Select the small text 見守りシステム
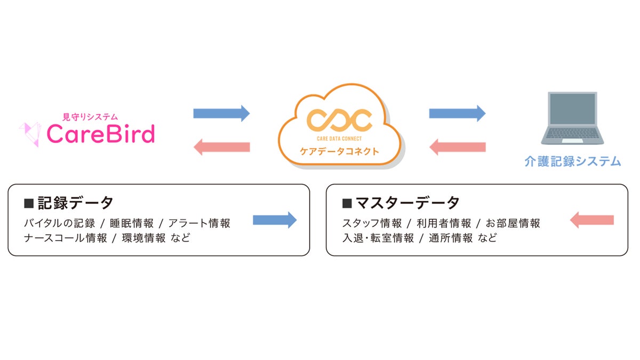(90, 116)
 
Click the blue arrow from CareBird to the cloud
(221, 113)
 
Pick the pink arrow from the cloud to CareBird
(221, 146)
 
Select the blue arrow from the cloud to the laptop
(457, 113)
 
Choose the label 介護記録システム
(572, 161)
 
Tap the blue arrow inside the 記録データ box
(274, 220)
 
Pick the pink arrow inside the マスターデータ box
(592, 220)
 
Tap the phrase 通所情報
(451, 238)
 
